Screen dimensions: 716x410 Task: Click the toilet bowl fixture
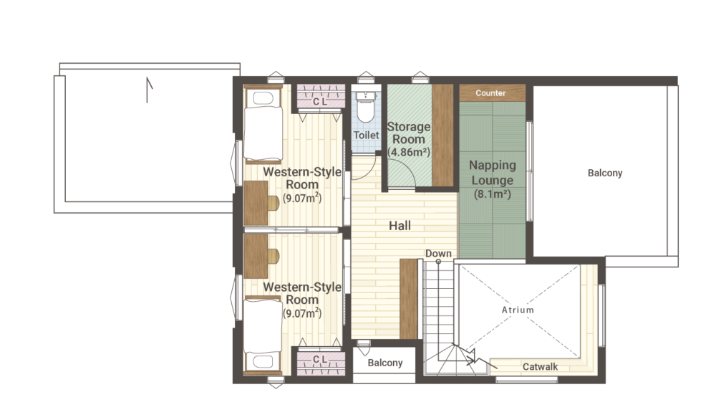(365, 107)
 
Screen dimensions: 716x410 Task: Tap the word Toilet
(366, 135)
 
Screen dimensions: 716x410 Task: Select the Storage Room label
(409, 133)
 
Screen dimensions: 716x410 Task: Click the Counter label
(490, 92)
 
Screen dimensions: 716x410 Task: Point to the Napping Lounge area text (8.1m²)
(493, 194)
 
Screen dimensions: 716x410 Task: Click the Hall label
(400, 225)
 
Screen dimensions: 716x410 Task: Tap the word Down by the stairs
(438, 253)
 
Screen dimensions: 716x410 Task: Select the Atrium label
(518, 310)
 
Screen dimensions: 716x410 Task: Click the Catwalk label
(540, 366)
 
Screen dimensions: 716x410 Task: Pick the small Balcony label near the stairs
(385, 363)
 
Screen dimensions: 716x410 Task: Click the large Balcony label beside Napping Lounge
(605, 173)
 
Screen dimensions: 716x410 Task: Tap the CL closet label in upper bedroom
(320, 102)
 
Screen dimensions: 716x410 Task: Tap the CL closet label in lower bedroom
(320, 360)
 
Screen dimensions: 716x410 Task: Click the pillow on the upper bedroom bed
(263, 98)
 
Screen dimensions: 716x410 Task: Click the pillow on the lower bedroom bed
(263, 361)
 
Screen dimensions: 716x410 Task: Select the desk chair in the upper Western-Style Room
(273, 203)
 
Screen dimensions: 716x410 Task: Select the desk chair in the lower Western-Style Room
(273, 257)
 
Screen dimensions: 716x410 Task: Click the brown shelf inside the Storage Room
(442, 135)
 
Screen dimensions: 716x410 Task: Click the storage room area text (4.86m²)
(409, 152)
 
